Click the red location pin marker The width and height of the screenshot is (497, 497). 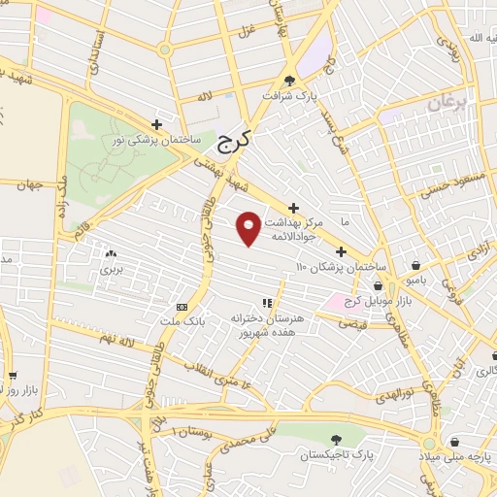click(x=249, y=227)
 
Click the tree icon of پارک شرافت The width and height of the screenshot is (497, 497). click(x=289, y=81)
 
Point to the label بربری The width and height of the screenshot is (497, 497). click(x=110, y=271)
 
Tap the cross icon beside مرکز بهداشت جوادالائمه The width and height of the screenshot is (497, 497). click(x=293, y=206)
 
